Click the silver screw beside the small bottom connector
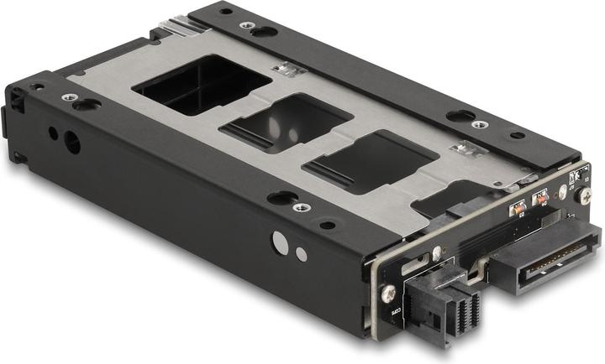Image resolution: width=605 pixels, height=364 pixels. (387, 294)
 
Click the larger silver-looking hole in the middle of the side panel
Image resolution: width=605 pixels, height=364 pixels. (281, 244)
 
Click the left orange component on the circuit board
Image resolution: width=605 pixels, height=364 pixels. (518, 205)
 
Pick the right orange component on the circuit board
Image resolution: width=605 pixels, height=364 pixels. (542, 198)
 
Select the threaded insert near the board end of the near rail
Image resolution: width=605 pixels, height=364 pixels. (302, 206)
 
